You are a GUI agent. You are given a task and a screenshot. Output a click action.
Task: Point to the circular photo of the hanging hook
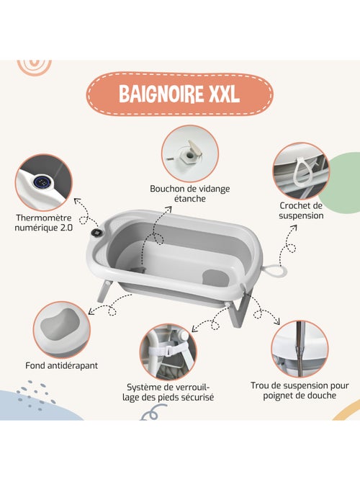click(301, 171)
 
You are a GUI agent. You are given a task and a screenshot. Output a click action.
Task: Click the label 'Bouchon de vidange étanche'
click(189, 193)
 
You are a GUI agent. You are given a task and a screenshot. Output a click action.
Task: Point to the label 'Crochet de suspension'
click(302, 210)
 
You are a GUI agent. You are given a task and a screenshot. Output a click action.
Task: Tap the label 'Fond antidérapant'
click(61, 365)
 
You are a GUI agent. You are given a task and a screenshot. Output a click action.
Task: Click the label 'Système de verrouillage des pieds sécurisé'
click(169, 391)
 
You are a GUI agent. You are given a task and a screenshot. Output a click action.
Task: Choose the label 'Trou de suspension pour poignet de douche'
click(300, 390)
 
